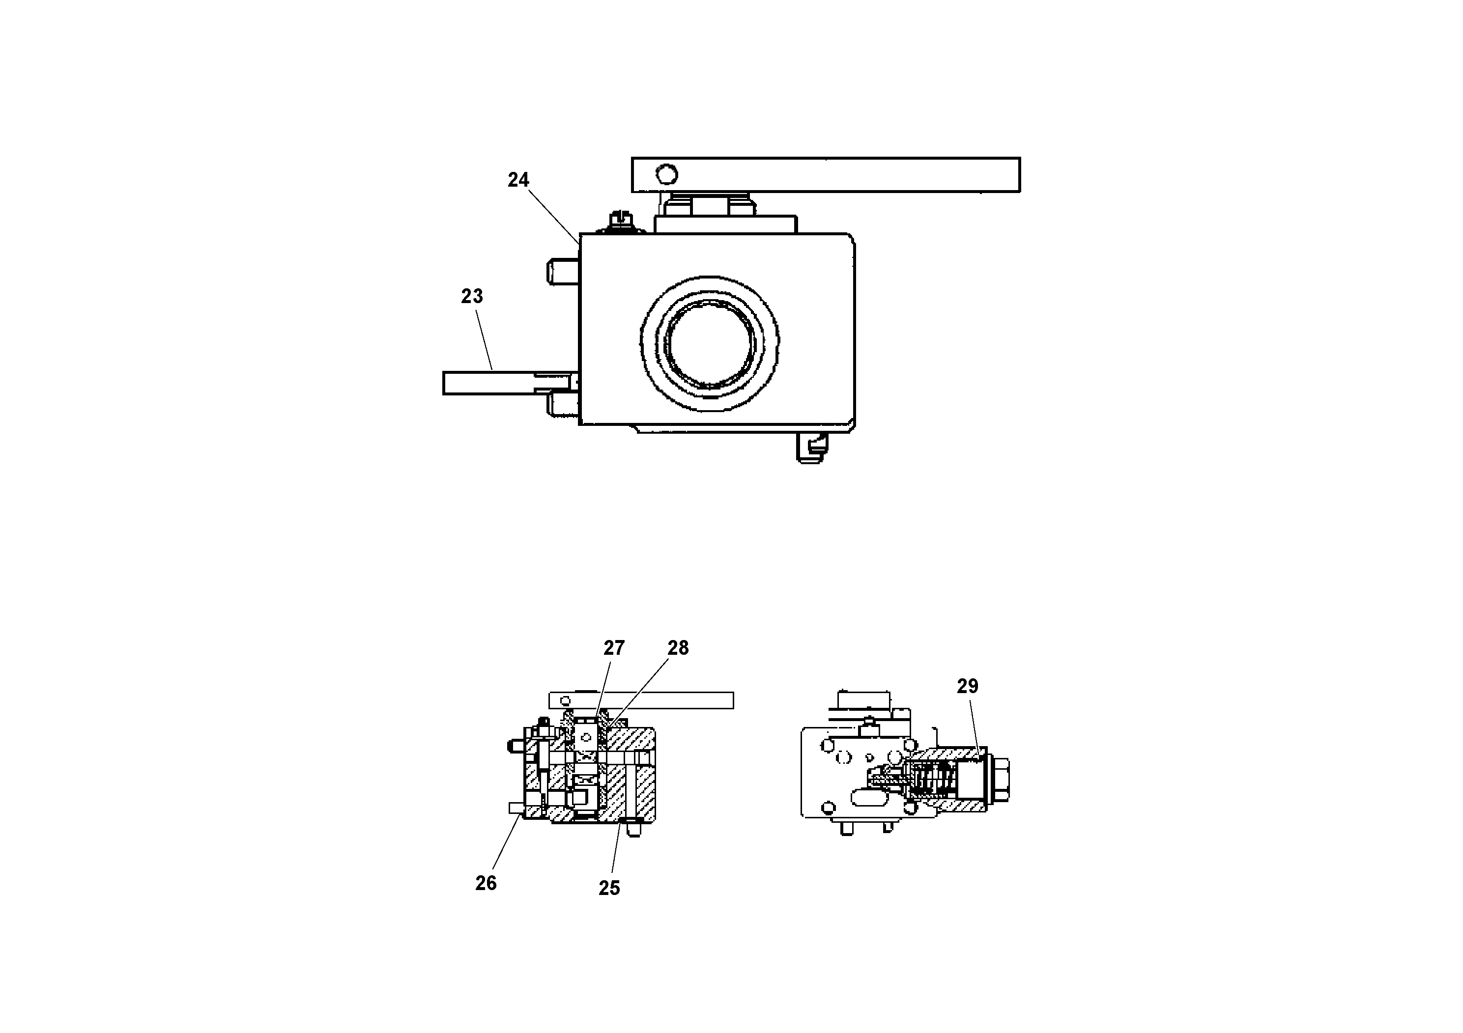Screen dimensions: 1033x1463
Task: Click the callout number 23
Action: (472, 296)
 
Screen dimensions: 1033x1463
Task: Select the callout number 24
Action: (518, 180)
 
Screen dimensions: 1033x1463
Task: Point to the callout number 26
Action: (486, 883)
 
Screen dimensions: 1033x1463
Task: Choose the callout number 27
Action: (614, 648)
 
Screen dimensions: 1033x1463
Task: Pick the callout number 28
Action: (678, 648)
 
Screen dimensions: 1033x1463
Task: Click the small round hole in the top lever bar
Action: (666, 174)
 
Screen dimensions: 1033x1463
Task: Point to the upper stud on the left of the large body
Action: (563, 271)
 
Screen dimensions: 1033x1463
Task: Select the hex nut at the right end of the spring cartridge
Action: (999, 778)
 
